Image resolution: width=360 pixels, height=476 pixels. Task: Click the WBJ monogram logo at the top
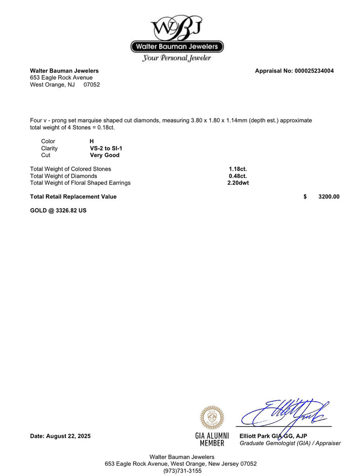pyautogui.click(x=177, y=28)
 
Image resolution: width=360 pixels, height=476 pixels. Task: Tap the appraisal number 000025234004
pyautogui.click(x=314, y=71)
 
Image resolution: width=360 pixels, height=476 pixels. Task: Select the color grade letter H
pyautogui.click(x=92, y=141)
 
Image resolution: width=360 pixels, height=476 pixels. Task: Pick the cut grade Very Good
pyautogui.click(x=104, y=155)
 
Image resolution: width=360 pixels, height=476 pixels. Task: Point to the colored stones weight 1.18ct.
pyautogui.click(x=238, y=169)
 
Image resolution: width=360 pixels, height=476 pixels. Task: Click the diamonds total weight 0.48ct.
pyautogui.click(x=238, y=176)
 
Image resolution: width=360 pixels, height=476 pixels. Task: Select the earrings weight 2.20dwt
pyautogui.click(x=238, y=183)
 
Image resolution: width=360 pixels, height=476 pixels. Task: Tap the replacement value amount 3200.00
pyautogui.click(x=328, y=197)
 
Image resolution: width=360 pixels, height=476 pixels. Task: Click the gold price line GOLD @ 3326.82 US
pyautogui.click(x=58, y=210)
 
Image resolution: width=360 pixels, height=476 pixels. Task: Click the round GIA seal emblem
pyautogui.click(x=211, y=417)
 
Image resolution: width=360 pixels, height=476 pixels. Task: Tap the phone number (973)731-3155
pyautogui.click(x=182, y=471)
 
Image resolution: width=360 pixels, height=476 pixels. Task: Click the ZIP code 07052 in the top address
pyautogui.click(x=92, y=85)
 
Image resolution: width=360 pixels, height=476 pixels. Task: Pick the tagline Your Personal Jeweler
pyautogui.click(x=176, y=58)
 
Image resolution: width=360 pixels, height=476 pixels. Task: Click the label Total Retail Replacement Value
pyautogui.click(x=73, y=197)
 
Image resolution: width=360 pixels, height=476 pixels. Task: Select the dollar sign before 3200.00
pyautogui.click(x=305, y=197)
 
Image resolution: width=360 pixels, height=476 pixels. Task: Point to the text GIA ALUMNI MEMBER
pyautogui.click(x=212, y=440)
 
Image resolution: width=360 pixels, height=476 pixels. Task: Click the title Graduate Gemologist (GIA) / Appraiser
pyautogui.click(x=290, y=443)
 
